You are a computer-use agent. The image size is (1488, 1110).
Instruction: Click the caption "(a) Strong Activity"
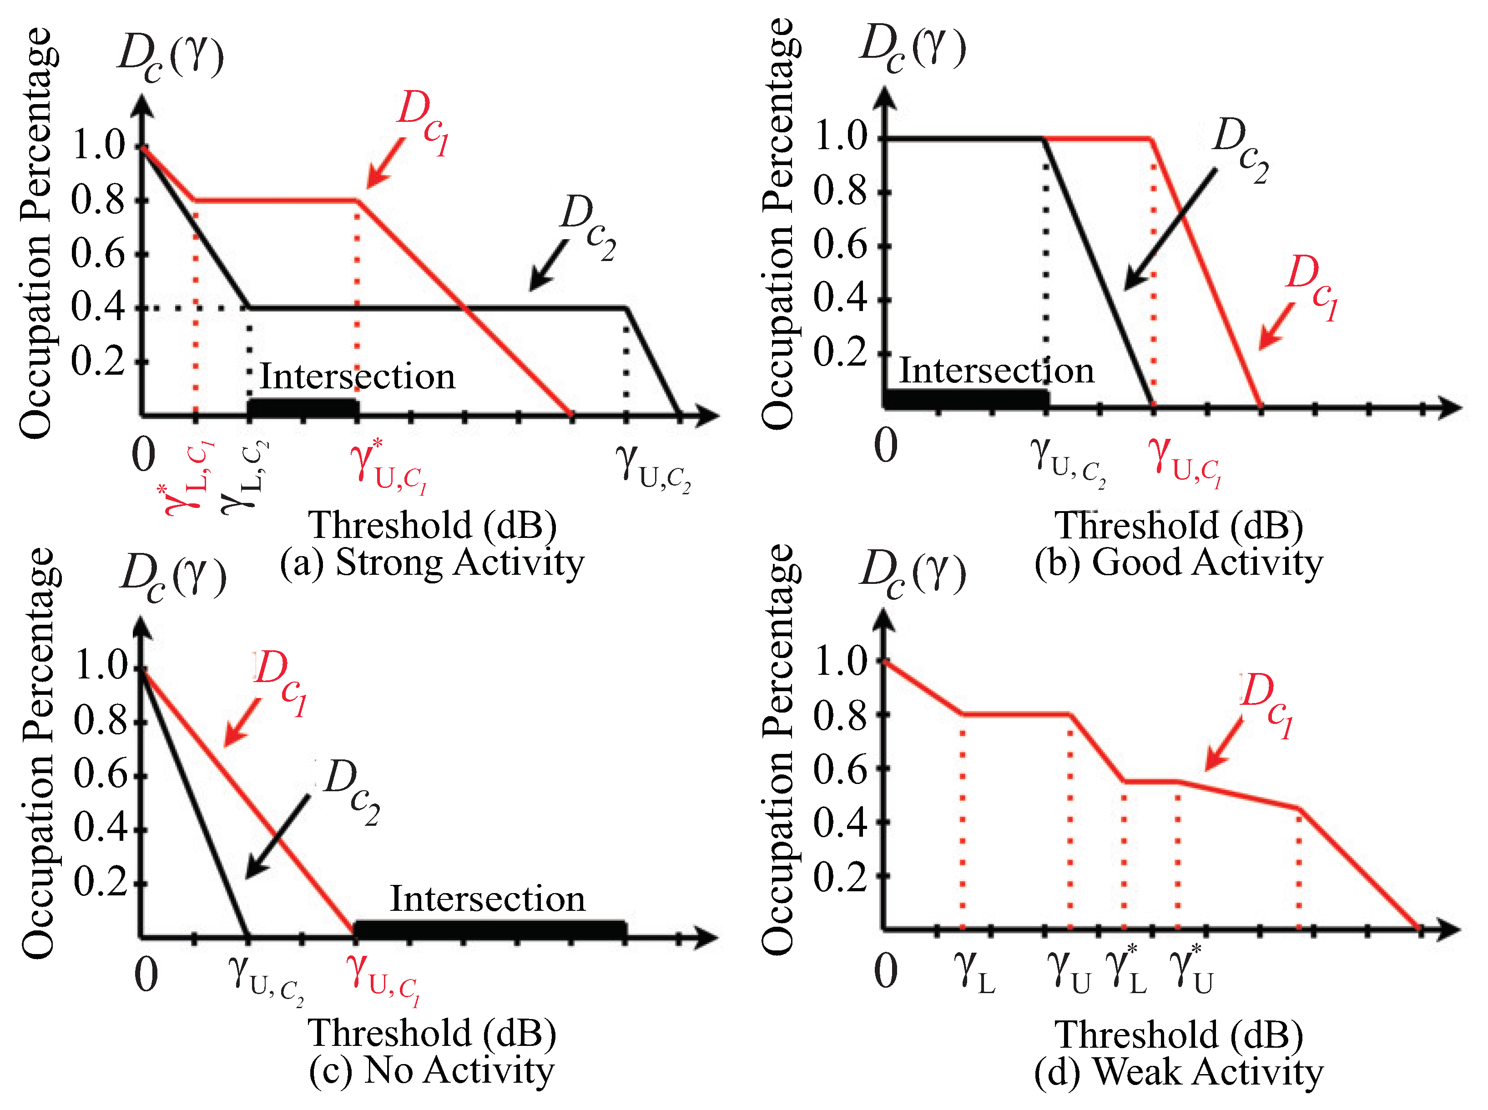(x=432, y=563)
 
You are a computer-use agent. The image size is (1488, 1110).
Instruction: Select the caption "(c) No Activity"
(x=432, y=1070)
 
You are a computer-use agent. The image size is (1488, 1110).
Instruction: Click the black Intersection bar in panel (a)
(x=303, y=407)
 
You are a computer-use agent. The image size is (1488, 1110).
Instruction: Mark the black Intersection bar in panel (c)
(x=490, y=929)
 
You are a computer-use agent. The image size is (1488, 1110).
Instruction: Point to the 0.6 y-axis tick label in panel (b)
(x=841, y=245)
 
